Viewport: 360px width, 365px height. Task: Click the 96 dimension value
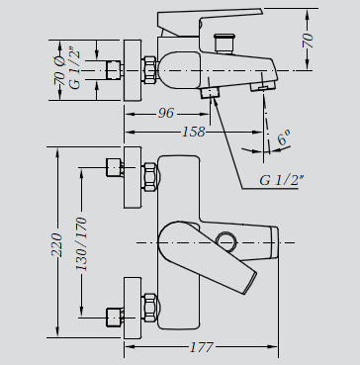[165, 113]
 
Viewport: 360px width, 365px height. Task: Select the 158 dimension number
[194, 132]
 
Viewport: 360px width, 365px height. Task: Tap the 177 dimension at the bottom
[202, 347]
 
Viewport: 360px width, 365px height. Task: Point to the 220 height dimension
[56, 245]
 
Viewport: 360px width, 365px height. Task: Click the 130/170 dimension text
[81, 243]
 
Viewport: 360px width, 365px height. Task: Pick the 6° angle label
[284, 137]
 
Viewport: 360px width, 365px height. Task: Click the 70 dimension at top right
[309, 41]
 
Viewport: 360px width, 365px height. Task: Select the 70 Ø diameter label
[59, 70]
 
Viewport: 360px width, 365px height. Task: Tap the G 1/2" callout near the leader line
[282, 180]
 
